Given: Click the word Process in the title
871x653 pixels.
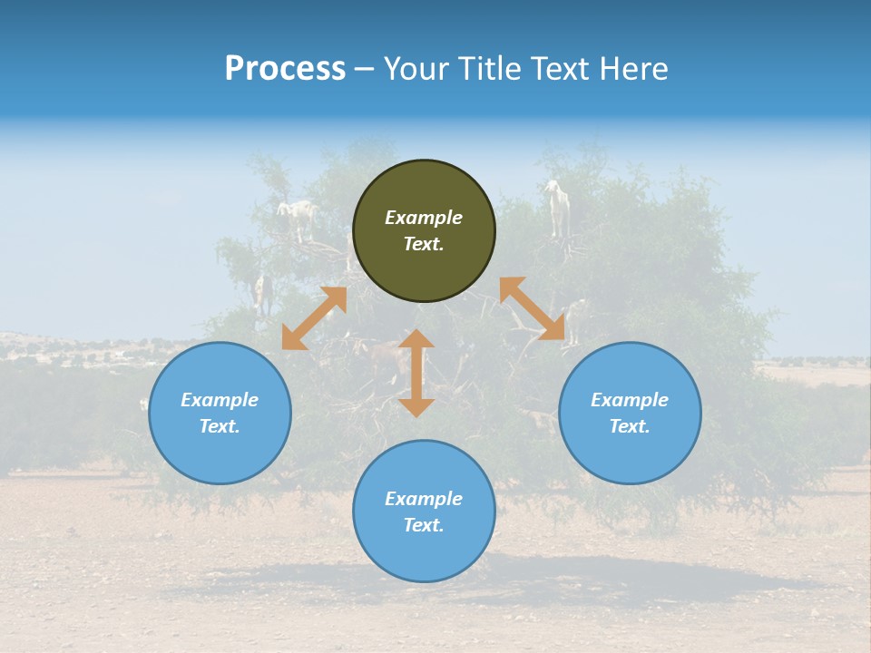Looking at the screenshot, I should click(x=285, y=69).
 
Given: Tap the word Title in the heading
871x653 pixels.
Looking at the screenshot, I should click(x=493, y=69).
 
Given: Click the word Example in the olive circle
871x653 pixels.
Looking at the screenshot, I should click(x=424, y=218).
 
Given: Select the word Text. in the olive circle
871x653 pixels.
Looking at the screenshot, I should click(x=424, y=244).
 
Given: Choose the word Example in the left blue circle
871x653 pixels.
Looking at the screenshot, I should click(x=220, y=400).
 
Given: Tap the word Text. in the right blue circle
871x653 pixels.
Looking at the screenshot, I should click(x=630, y=426).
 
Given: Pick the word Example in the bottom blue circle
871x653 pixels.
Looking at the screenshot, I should click(x=424, y=499).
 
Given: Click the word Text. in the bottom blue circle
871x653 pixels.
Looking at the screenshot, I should click(x=424, y=525).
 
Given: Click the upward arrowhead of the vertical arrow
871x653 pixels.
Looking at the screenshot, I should click(x=416, y=339).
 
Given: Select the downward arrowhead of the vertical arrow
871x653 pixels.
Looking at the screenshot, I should click(x=416, y=407).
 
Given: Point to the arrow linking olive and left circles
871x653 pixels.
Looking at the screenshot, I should click(x=314, y=318).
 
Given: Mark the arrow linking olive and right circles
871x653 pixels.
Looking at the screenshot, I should click(x=532, y=308).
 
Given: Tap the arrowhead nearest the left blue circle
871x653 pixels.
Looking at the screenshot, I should click(x=292, y=339).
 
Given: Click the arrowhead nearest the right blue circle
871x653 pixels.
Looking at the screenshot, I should click(x=553, y=329).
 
